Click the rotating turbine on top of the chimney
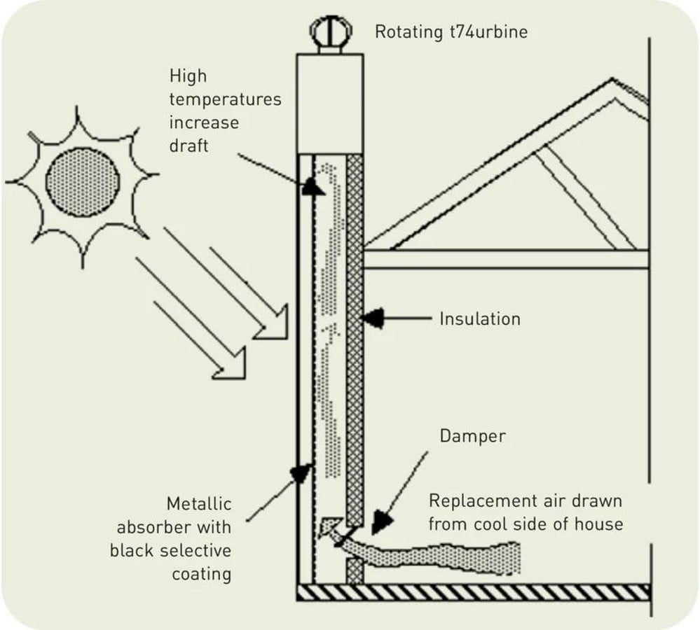click(331, 32)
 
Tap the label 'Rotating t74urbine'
click(451, 32)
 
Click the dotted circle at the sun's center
click(83, 182)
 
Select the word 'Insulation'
click(480, 318)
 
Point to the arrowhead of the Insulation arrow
click(372, 318)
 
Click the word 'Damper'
click(472, 436)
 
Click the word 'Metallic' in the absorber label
click(199, 504)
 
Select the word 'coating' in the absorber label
click(201, 574)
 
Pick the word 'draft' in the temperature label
click(188, 146)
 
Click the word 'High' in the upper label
click(188, 76)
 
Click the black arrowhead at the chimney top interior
click(313, 186)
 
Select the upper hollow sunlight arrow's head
click(273, 323)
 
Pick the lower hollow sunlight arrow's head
click(231, 363)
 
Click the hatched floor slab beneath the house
click(473, 592)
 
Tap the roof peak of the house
click(612, 80)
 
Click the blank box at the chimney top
click(330, 104)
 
